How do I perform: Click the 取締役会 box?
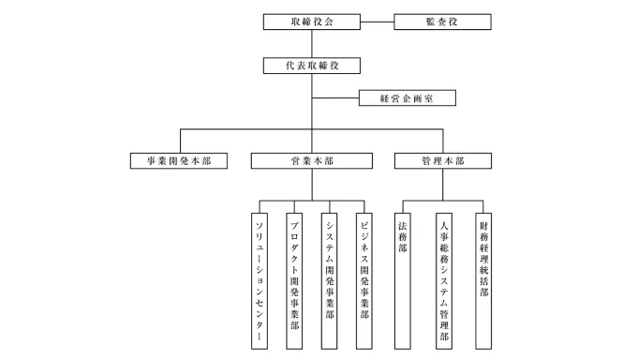point(311,21)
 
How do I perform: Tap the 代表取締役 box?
point(311,67)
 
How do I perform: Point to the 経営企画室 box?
point(406,97)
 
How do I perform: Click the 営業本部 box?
point(311,161)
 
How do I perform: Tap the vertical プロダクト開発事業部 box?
point(294,280)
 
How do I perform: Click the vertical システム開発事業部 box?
point(329,280)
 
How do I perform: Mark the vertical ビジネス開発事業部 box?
point(364,280)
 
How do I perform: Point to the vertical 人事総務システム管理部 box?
point(443,280)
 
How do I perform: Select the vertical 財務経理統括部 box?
point(483,280)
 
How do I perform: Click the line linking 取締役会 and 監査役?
point(377,21)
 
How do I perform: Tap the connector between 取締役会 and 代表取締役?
point(311,44)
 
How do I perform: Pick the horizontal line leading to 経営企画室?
point(335,97)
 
